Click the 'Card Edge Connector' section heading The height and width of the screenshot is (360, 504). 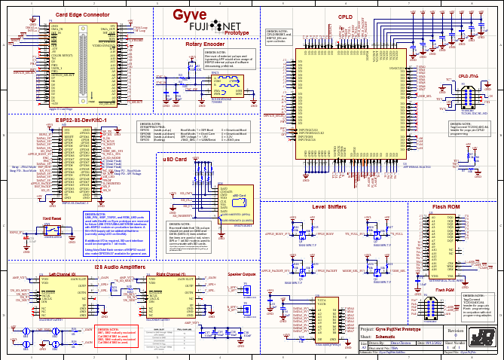(x=80, y=15)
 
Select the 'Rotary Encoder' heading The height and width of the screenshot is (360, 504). (x=204, y=44)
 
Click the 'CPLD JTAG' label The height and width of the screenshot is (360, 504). (x=469, y=76)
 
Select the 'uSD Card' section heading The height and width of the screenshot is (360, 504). (x=176, y=160)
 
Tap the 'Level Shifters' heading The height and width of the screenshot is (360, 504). (x=328, y=205)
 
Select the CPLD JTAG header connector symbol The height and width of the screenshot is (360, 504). (x=467, y=99)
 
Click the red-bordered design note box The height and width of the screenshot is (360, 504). (x=112, y=334)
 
